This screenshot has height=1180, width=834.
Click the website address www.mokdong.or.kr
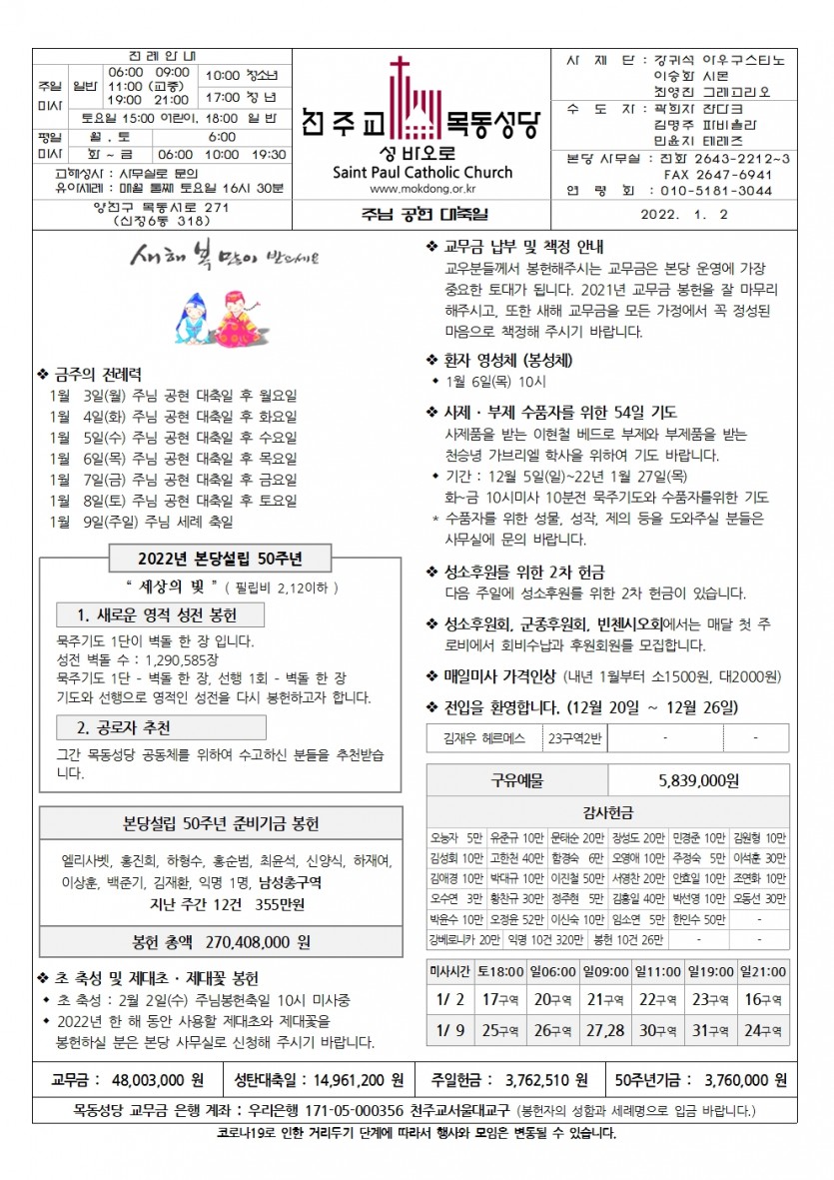420,187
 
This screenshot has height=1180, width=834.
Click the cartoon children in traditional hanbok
213,316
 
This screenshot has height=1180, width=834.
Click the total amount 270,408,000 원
259,941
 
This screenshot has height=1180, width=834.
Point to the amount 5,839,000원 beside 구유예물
698,780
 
